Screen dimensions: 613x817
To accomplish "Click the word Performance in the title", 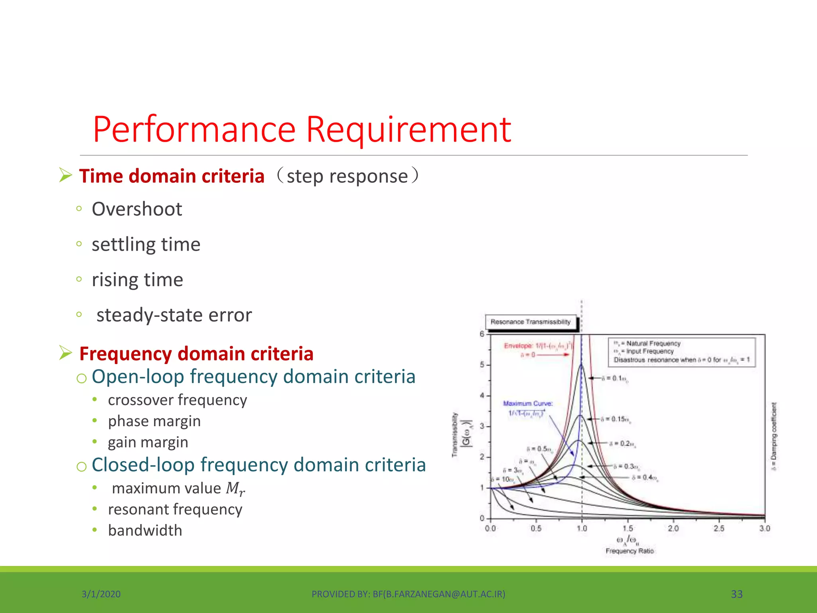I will click(194, 129).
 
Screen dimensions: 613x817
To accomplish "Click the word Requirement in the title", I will click(408, 129).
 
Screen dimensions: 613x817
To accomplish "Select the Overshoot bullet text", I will click(137, 209).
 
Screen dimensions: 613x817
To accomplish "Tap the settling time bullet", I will click(146, 244).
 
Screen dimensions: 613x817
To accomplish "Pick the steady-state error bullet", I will click(174, 315).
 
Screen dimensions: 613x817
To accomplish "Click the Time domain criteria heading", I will click(172, 176).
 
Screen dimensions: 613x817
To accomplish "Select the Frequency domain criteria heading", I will click(196, 354).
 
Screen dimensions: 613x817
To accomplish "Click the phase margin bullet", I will click(154, 421).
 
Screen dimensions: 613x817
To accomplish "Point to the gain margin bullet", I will click(148, 442).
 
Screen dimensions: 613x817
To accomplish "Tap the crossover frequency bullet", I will click(178, 400).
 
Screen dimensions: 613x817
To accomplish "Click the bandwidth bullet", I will click(145, 530).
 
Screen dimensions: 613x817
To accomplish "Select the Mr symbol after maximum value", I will click(235, 488).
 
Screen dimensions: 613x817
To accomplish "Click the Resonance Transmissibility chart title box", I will click(531, 322).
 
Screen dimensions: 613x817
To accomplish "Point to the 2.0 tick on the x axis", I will click(673, 528).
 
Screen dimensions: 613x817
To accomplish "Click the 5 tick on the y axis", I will click(482, 365).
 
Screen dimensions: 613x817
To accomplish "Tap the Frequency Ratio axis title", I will click(630, 551).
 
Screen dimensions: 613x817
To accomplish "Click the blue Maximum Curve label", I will click(527, 403).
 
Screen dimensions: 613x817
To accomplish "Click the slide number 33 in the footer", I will click(736, 594).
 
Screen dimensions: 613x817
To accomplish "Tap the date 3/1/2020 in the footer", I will click(101, 594).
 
